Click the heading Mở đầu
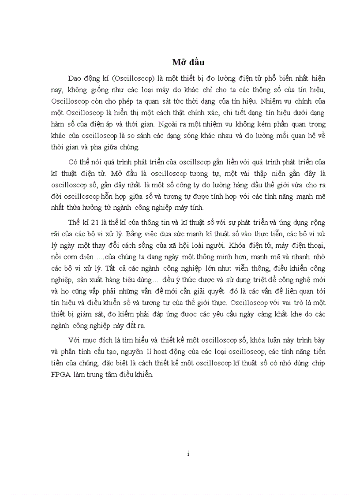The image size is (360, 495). click(x=188, y=62)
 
